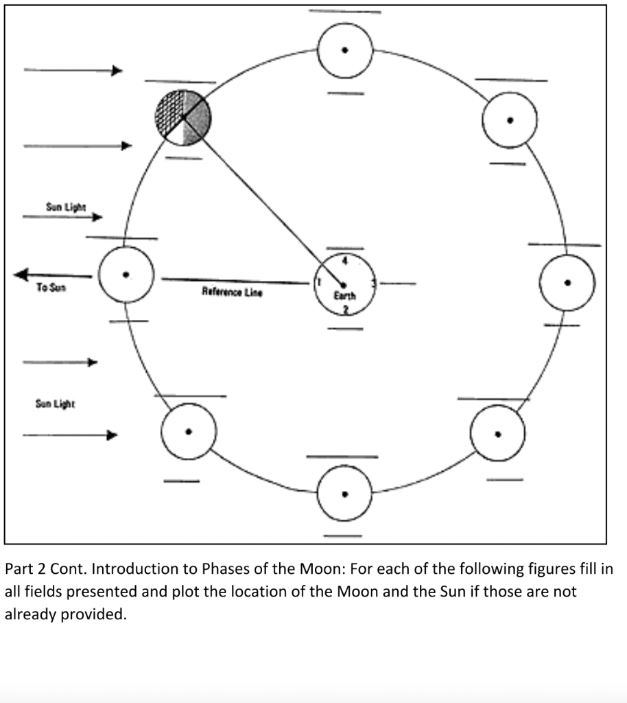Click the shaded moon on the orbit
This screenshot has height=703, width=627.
pyautogui.click(x=183, y=117)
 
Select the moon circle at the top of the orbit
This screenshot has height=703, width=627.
pyautogui.click(x=345, y=50)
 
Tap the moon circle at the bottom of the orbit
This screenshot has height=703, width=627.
pyautogui.click(x=345, y=493)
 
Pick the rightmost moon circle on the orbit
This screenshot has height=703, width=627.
pyautogui.click(x=567, y=282)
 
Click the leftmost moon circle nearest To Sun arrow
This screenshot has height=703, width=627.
pyautogui.click(x=126, y=275)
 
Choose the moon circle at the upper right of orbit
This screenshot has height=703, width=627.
pyautogui.click(x=509, y=119)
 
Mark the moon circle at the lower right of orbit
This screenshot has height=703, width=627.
pyautogui.click(x=497, y=433)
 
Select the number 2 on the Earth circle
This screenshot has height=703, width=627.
pyautogui.click(x=345, y=310)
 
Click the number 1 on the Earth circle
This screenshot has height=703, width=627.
pyautogui.click(x=318, y=281)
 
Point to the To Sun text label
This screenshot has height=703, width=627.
pyautogui.click(x=51, y=288)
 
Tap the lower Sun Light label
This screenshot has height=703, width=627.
pyautogui.click(x=56, y=404)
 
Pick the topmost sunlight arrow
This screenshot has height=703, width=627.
pyautogui.click(x=73, y=70)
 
